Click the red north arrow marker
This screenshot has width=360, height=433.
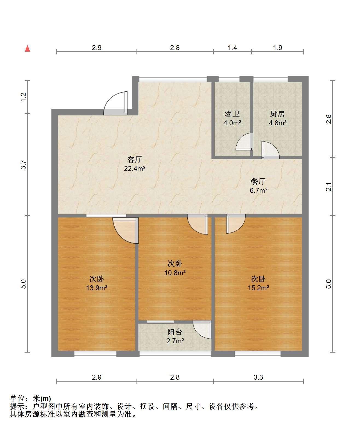click(x=28, y=48)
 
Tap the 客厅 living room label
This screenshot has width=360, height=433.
click(x=134, y=159)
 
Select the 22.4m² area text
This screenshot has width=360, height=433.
click(x=134, y=168)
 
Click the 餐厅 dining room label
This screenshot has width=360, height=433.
click(x=258, y=181)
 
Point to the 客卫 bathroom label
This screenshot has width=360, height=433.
click(x=232, y=114)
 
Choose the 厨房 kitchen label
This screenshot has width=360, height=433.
click(x=277, y=114)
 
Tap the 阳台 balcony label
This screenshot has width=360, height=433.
click(x=175, y=332)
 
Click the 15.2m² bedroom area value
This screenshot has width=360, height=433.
click(x=258, y=288)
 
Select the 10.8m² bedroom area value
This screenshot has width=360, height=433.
click(x=175, y=273)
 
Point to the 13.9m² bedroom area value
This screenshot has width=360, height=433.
click(x=97, y=288)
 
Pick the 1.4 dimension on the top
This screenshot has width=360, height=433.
click(x=232, y=48)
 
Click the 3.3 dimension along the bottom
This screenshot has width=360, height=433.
click(x=258, y=377)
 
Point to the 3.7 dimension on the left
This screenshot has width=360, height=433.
click(x=24, y=165)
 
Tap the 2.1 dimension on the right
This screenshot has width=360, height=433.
click(x=329, y=187)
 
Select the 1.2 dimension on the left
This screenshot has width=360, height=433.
click(x=24, y=97)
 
